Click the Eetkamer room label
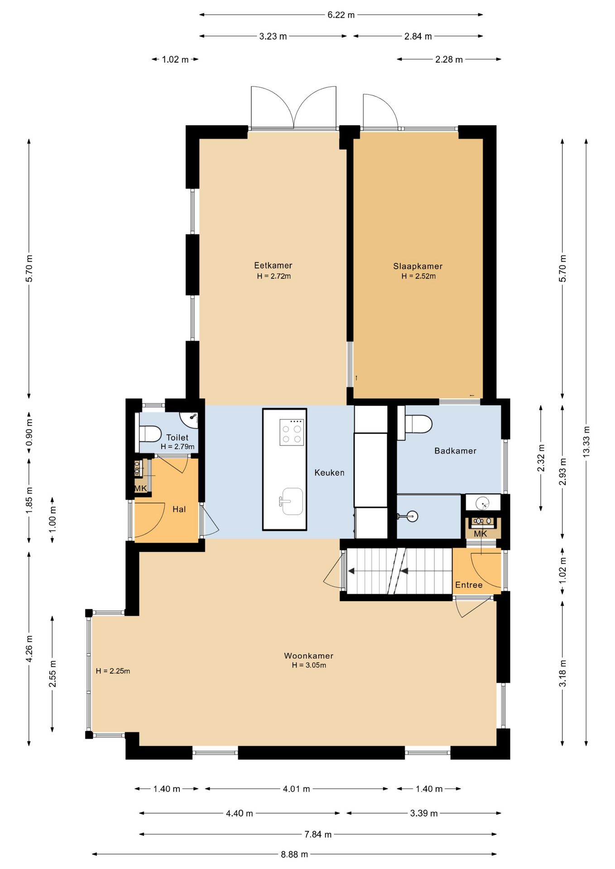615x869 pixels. (x=273, y=266)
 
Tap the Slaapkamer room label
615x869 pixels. (x=418, y=266)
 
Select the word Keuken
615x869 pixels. (x=329, y=473)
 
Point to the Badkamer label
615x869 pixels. (x=455, y=451)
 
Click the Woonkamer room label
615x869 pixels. (x=308, y=655)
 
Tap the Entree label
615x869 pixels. (x=469, y=585)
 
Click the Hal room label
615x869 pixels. (x=179, y=509)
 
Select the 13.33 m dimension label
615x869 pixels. (x=586, y=442)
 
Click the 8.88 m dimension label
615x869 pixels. (x=294, y=854)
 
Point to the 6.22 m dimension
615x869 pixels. (x=341, y=15)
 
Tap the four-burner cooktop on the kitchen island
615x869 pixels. (x=292, y=433)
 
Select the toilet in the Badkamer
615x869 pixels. (x=418, y=424)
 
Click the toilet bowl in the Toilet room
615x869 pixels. (x=150, y=434)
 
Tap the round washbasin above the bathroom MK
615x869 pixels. (x=483, y=502)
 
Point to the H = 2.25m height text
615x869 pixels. (x=113, y=671)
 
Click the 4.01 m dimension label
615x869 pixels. (x=297, y=789)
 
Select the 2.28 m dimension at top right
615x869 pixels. (x=449, y=59)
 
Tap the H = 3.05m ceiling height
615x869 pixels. (x=309, y=665)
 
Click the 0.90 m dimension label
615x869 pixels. (x=29, y=432)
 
